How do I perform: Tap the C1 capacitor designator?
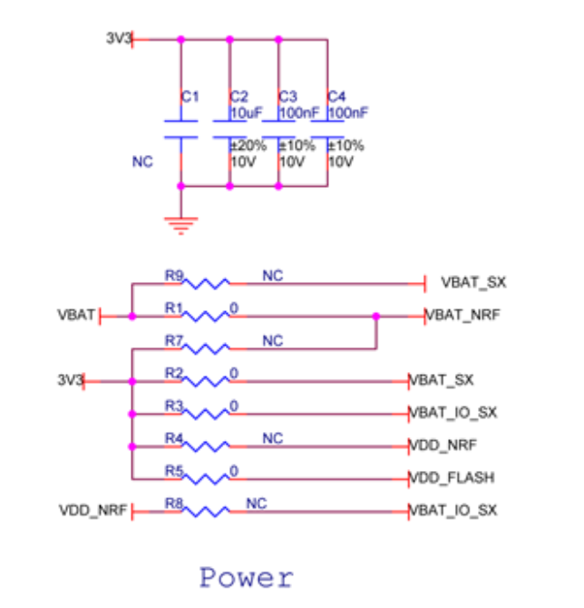pos(190,96)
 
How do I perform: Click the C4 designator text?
pos(336,96)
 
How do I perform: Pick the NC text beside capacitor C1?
pos(142,162)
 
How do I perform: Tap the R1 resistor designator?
pos(174,309)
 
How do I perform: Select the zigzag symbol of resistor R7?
pos(209,348)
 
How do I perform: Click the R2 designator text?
pos(174,373)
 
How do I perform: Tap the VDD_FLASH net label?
pos(452,478)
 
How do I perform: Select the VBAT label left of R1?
pos(75,316)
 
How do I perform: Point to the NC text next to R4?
pos(272,438)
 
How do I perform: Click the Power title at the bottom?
pos(247,577)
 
